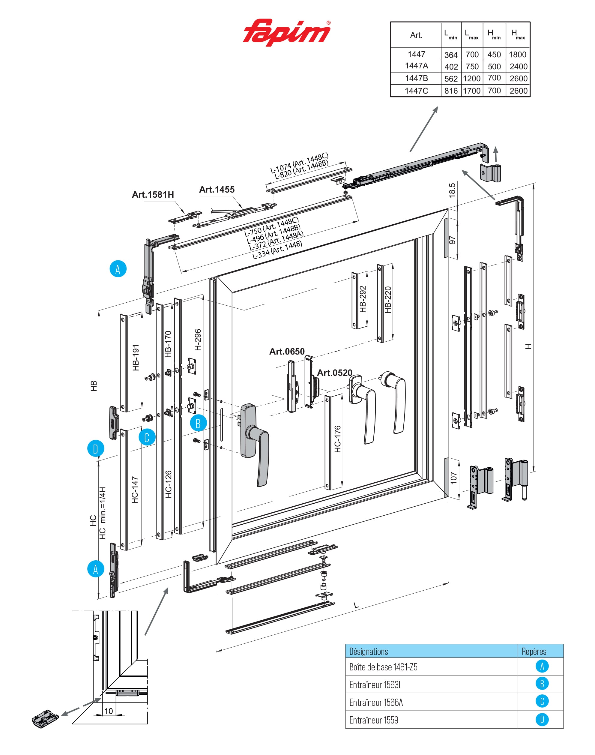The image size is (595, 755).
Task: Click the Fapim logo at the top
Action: tap(286, 32)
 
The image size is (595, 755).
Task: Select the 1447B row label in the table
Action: tap(416, 78)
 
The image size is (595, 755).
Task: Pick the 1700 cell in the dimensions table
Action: tap(472, 91)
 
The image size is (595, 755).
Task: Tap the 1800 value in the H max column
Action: tap(517, 55)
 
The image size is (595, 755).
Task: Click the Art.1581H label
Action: tap(153, 195)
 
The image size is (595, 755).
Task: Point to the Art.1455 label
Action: tap(217, 190)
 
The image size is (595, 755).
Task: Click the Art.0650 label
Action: tap(287, 351)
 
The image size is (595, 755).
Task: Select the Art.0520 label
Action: tap(334, 373)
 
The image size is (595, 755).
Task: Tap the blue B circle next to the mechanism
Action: tap(198, 423)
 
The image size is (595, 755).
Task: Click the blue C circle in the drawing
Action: tap(147, 438)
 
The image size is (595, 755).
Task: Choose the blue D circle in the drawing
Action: tap(95, 449)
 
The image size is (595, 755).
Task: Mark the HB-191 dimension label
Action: tap(136, 358)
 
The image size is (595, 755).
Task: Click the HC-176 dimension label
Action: tap(337, 439)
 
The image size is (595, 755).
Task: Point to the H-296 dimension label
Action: tap(198, 340)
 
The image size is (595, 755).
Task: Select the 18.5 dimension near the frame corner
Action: tap(452, 190)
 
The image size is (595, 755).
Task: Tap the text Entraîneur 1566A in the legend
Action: tap(376, 703)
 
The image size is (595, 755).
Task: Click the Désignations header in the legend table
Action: tap(368, 652)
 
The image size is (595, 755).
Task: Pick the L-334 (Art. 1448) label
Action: tap(277, 250)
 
